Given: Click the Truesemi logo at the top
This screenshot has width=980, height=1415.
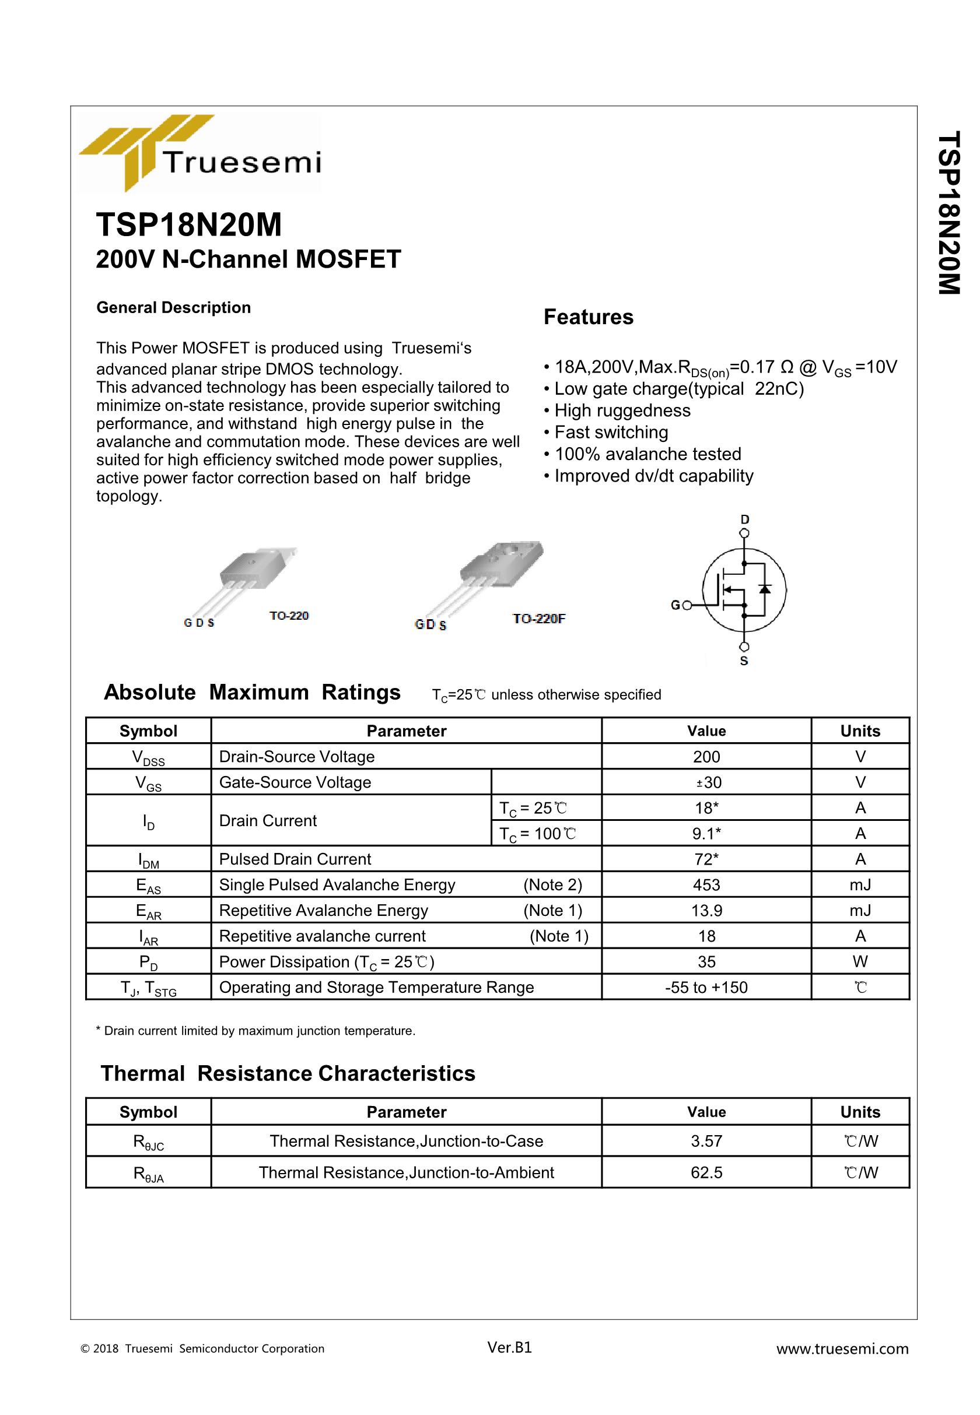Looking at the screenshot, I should [x=199, y=153].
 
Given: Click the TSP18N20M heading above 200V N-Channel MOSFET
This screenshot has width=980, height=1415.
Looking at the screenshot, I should [x=188, y=225].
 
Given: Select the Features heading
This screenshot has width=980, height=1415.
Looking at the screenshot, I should [x=587, y=317].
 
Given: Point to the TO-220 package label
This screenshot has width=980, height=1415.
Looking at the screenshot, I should [x=289, y=616].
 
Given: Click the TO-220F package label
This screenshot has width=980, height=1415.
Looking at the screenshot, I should [x=538, y=619].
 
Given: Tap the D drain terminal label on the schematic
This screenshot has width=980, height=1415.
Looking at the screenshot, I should [x=745, y=519].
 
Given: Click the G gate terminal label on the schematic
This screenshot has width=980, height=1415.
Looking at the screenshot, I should [x=675, y=606].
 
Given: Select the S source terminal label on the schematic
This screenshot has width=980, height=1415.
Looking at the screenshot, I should [x=744, y=662].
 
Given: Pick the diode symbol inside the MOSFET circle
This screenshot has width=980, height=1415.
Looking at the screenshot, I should [x=765, y=589].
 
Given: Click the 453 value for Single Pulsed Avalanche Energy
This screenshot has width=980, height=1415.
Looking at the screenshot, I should [x=706, y=885].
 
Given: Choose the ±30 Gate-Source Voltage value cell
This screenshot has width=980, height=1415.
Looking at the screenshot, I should [x=706, y=782].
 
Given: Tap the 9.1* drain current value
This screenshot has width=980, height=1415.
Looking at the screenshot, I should [x=706, y=833].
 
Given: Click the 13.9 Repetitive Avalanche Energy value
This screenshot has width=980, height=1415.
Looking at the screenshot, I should [x=706, y=911].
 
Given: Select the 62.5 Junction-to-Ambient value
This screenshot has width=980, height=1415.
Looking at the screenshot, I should [x=706, y=1172].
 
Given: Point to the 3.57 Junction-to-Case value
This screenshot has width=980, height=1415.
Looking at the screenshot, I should [x=706, y=1142].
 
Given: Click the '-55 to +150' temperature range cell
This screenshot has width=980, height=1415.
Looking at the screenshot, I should [x=706, y=987].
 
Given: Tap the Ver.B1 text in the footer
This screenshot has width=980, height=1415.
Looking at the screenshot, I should [x=509, y=1347].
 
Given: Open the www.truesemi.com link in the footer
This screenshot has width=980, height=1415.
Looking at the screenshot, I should [x=842, y=1349].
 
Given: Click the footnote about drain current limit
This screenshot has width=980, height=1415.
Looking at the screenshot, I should [x=256, y=1031].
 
